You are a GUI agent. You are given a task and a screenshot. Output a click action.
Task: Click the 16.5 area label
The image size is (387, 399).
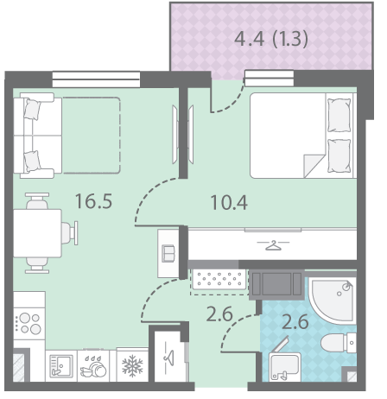pos(93,201)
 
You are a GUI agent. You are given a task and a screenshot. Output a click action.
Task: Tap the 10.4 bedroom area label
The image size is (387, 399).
pos(229,202)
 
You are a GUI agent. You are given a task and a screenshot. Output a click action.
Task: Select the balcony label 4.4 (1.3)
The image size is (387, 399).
pos(271,39)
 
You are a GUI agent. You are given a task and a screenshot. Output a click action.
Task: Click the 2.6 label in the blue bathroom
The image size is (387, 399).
pos(295,321)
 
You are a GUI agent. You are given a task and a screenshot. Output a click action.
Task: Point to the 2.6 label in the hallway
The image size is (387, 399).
pos(219,314)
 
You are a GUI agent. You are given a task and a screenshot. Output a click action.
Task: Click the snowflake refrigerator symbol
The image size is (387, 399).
pos(132,365)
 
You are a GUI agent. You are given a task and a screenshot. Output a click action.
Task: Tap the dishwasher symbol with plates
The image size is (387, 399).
pos(93,366)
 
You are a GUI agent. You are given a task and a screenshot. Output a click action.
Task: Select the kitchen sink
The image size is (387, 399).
pos(61,365)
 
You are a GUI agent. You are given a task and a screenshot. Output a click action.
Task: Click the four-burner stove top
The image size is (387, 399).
pos(29,323)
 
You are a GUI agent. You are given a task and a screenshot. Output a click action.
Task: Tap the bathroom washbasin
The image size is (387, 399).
pos(284,366)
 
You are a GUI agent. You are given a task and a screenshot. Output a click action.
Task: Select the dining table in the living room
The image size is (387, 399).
pos(37,233)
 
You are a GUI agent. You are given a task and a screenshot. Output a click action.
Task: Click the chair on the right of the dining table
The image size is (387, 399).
pos(69,233)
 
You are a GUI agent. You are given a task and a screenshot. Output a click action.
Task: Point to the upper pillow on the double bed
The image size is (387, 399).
pos(339,115)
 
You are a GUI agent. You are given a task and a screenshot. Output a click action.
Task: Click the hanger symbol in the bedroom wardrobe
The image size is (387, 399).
pos(273,245)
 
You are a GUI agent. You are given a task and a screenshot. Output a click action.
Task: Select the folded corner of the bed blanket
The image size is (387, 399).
pos(314,166)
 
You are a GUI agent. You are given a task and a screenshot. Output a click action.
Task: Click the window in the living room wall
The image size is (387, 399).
pos(96,79)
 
